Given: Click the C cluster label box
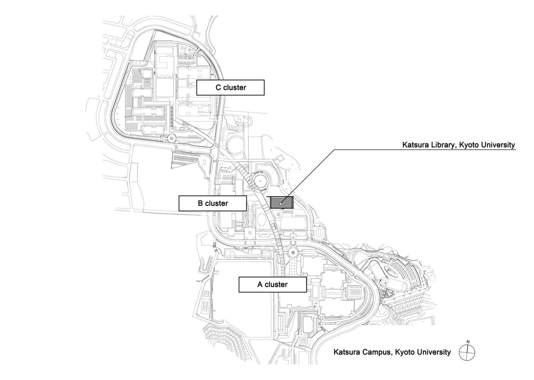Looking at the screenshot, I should [230, 87].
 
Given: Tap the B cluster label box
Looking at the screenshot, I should [213, 203].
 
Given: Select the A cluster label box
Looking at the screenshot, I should [272, 284].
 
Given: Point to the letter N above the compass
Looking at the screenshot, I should [468, 342].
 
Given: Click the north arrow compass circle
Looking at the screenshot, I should [467, 352].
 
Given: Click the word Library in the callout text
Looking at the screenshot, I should [442, 145].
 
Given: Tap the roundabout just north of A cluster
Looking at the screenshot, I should [293, 252].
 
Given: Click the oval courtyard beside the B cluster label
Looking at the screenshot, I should [262, 219].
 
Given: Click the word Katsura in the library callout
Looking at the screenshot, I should [415, 145].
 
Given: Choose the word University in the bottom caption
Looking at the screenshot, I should [431, 352].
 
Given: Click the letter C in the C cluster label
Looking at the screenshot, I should [218, 87].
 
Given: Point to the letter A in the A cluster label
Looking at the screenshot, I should [260, 284].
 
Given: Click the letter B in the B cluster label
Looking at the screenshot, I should [200, 203].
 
